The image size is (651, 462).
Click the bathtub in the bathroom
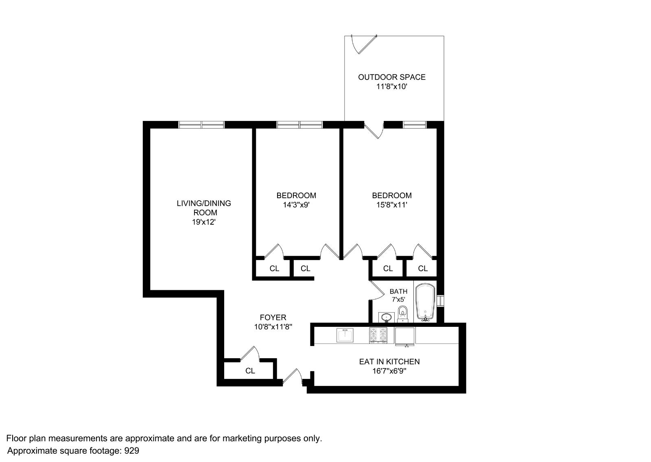click(425, 302)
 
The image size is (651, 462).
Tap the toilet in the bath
click(402, 313)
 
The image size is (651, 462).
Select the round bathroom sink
click(386, 317)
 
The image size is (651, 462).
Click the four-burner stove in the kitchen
click(378, 335)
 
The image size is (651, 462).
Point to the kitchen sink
click(345, 335)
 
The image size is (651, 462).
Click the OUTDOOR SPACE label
click(391, 77)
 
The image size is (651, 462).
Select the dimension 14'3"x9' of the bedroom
click(296, 205)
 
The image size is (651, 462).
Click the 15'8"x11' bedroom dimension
click(391, 205)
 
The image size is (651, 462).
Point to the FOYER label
click(273, 317)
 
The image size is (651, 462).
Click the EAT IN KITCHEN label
click(389, 361)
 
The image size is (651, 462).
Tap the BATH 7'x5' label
click(398, 295)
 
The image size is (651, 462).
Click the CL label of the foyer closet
click(250, 371)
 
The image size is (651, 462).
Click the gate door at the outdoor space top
click(363, 44)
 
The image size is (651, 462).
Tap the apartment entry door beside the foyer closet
click(293, 377)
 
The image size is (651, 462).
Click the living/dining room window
click(201, 125)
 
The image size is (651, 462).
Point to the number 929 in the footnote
click(131, 451)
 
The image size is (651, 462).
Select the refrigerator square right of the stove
click(405, 336)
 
